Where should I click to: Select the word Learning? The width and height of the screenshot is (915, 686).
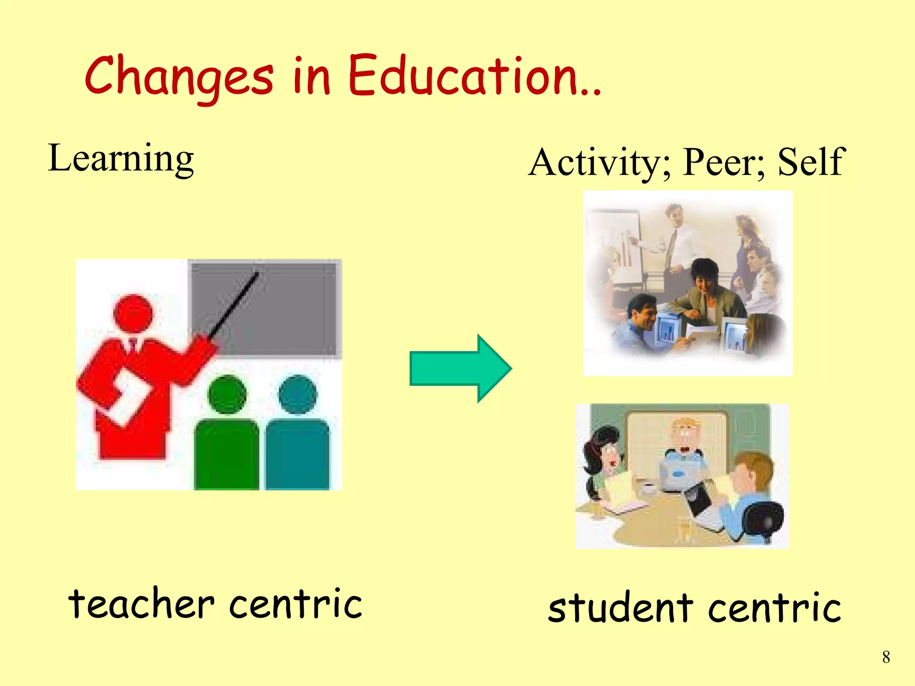click(121, 159)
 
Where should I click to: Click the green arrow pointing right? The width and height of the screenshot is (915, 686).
click(460, 368)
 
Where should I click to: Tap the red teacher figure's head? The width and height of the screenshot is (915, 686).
click(133, 313)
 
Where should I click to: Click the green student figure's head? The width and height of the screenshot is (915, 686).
click(227, 394)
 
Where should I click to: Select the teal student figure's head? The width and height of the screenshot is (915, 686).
click(298, 394)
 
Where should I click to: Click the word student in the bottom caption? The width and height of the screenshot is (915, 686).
click(621, 607)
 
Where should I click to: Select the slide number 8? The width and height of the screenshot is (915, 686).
click(886, 657)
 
